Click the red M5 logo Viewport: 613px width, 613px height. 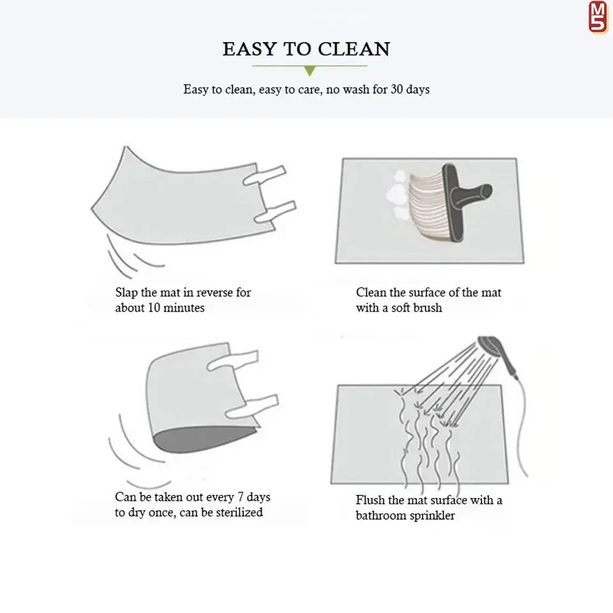click(598, 17)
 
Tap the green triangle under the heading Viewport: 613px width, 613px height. click(310, 71)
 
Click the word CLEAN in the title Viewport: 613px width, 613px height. click(353, 49)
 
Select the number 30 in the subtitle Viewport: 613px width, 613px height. click(397, 89)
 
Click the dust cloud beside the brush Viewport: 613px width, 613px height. click(398, 194)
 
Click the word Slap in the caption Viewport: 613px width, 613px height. click(126, 292)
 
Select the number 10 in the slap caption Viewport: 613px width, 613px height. click(154, 308)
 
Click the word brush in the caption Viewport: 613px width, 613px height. click(429, 308)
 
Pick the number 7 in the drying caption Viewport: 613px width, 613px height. click(241, 497)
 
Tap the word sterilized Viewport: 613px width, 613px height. click(239, 513)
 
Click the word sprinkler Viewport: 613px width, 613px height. click(432, 516)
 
